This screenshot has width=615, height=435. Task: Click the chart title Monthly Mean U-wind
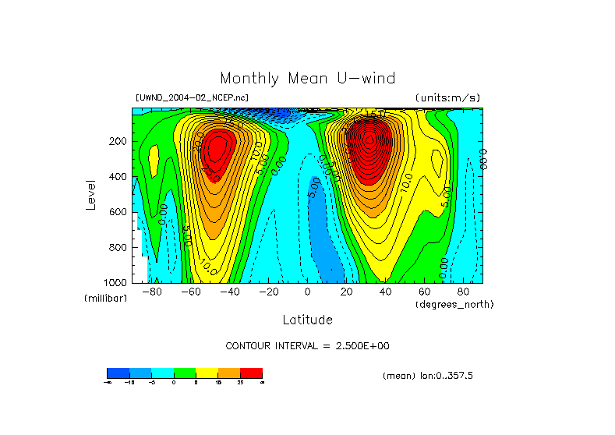307,78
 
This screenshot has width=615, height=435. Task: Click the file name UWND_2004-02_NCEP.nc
182,98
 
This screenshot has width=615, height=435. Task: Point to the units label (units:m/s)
447,97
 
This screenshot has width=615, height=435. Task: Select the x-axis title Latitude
307,320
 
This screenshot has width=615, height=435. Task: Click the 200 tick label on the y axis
119,142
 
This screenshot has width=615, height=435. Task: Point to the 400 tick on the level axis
119,177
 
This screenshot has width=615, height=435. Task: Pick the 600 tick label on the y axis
119,212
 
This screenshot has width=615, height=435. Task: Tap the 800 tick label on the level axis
119,247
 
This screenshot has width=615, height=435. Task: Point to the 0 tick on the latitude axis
308,292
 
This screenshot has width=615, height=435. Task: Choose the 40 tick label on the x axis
386,292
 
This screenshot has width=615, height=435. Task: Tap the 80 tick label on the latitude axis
464,292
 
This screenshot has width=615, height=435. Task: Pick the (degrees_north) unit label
454,304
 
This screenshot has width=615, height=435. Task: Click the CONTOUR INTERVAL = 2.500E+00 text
307,345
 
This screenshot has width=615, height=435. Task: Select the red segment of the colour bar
251,373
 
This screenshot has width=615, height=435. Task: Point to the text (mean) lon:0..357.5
428,376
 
